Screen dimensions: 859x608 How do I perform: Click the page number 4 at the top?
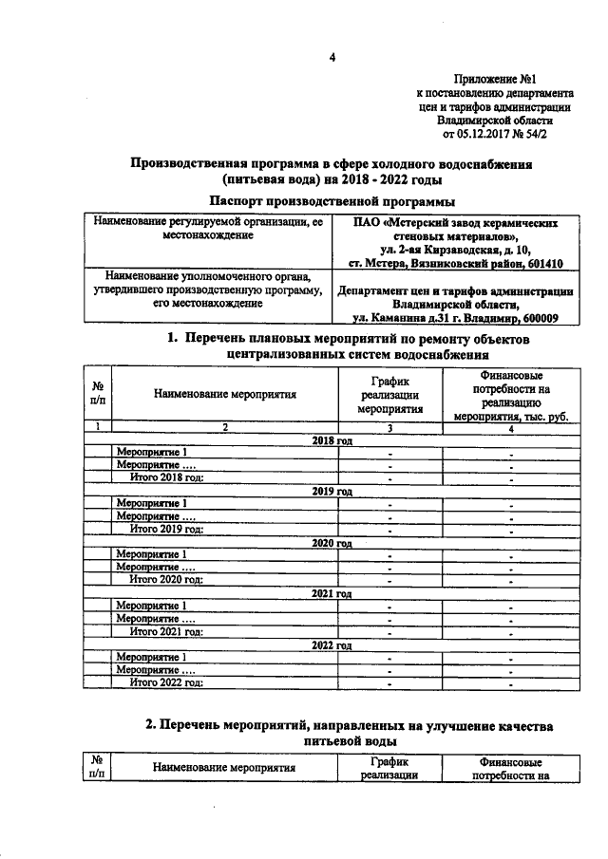332,59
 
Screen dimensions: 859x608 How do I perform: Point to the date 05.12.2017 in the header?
485,135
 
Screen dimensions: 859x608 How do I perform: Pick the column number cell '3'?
389,428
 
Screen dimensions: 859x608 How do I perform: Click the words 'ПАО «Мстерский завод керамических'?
450,220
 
